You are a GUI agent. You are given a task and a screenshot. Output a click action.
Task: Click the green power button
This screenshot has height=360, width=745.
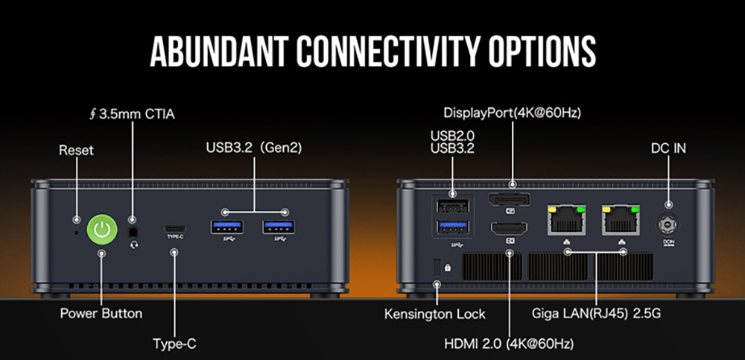pyautogui.click(x=101, y=230)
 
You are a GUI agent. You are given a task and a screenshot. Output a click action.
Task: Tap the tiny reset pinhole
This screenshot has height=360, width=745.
pyautogui.click(x=78, y=233)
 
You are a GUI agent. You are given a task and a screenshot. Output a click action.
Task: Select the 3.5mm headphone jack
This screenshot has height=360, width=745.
pyautogui.click(x=134, y=232)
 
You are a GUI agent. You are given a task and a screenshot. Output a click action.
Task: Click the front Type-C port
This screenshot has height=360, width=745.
pyautogui.click(x=175, y=228)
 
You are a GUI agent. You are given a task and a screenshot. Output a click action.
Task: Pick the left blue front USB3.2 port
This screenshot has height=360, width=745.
pyautogui.click(x=227, y=227)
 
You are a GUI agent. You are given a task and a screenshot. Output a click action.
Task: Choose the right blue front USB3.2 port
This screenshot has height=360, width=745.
pyautogui.click(x=279, y=227)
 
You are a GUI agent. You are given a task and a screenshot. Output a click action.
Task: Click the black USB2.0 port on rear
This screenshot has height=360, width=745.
pyautogui.click(x=453, y=206)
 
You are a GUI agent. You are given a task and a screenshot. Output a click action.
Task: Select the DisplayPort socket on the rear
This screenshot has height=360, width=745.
pyautogui.click(x=510, y=200)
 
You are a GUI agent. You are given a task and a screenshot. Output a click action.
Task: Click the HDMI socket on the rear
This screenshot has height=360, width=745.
pyautogui.click(x=510, y=229)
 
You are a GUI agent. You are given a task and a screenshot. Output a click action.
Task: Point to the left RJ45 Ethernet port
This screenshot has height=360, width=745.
pyautogui.click(x=567, y=220)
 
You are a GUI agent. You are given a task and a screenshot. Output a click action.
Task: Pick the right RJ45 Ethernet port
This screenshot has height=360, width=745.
pyautogui.click(x=621, y=220)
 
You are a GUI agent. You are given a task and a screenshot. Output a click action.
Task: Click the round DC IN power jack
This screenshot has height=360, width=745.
pyautogui.click(x=668, y=224)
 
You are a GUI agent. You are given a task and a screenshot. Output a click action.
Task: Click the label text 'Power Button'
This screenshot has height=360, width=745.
pyautogui.click(x=101, y=314)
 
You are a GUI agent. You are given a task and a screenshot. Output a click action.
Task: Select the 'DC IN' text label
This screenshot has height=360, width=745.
pyautogui.click(x=668, y=148)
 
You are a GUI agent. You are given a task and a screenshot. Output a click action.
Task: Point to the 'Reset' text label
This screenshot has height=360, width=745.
pyautogui.click(x=77, y=151)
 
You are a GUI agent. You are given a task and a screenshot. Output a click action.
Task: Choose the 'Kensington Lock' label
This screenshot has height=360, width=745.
pyautogui.click(x=435, y=314)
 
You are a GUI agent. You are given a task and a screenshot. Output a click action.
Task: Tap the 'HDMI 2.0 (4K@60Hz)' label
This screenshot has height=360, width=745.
pyautogui.click(x=509, y=344)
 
